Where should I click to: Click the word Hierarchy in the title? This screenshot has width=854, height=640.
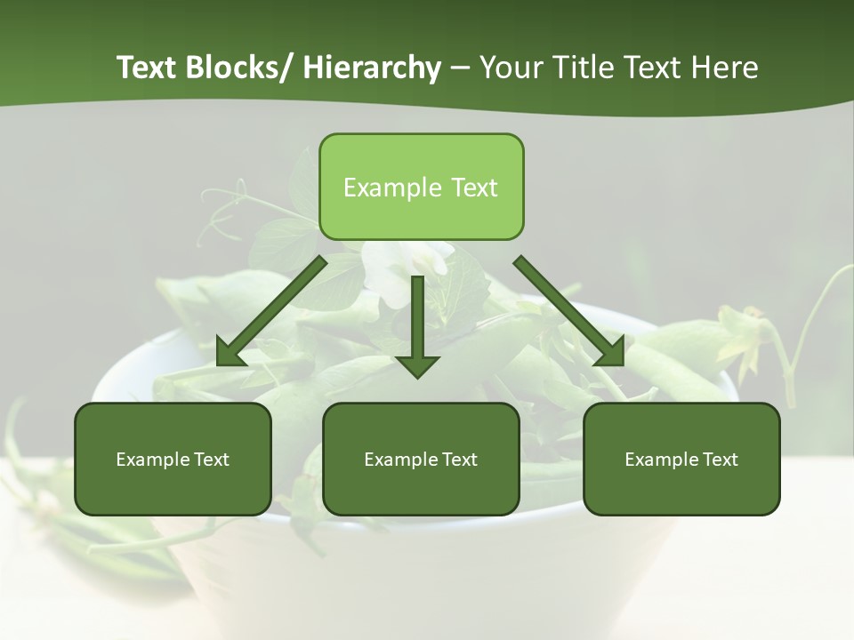[371, 68]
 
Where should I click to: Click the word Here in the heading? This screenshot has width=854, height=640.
[724, 68]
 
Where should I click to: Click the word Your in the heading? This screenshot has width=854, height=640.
[510, 68]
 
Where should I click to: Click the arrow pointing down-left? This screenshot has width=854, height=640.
[271, 311]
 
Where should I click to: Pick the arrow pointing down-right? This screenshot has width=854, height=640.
[569, 311]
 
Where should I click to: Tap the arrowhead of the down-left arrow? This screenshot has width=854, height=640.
[230, 352]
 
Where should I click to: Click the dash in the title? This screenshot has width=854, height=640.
[459, 68]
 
